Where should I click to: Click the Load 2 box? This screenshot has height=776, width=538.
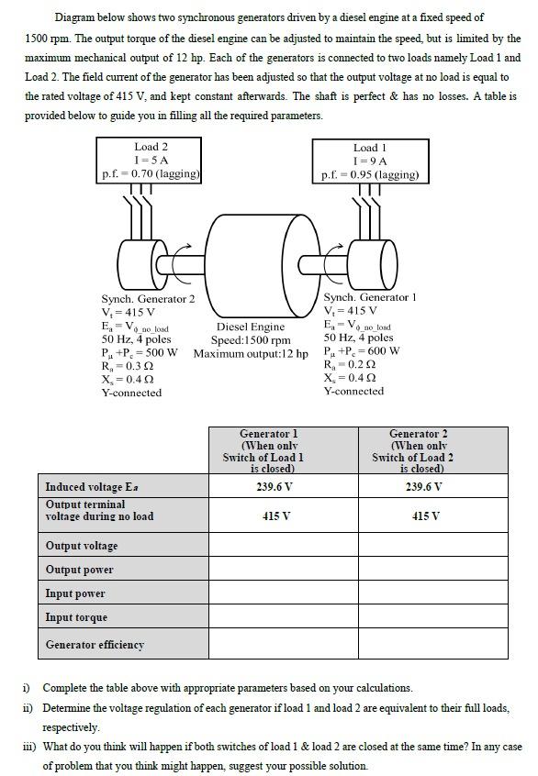pos(151,160)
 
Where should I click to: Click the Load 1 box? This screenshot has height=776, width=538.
pos(369,161)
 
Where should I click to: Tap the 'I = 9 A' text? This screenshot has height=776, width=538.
pos(370,161)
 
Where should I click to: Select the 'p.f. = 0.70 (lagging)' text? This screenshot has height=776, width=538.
pos(151,173)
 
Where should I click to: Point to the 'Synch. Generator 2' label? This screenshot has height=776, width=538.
pos(148,299)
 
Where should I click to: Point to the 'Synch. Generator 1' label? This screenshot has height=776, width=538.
pos(370,297)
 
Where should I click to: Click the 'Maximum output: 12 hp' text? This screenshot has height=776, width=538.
pos(251,354)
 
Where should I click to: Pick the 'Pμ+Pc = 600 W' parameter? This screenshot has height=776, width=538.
pos(362,350)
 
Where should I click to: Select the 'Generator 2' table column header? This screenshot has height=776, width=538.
pos(432,450)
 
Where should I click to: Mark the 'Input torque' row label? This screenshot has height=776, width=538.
pos(76,617)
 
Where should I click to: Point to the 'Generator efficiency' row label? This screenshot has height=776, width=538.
pos(95,645)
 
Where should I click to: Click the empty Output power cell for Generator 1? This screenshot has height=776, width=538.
pos(284,570)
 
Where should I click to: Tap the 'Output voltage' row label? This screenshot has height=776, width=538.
pos(82,546)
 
